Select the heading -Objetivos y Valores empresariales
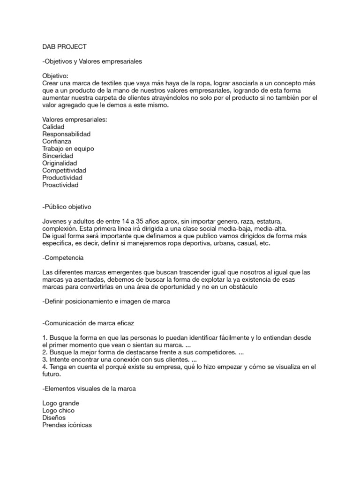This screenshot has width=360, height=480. (x=92, y=61)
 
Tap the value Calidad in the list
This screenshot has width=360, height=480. (x=53, y=127)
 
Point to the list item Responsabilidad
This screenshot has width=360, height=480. (x=66, y=134)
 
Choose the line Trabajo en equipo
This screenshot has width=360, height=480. (x=68, y=149)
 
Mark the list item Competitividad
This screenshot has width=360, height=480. (x=64, y=170)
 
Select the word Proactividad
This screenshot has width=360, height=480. (x=60, y=185)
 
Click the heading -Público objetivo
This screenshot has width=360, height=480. (x=68, y=207)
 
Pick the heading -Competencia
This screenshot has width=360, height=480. (x=63, y=258)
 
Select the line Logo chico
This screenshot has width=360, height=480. (x=58, y=410)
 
